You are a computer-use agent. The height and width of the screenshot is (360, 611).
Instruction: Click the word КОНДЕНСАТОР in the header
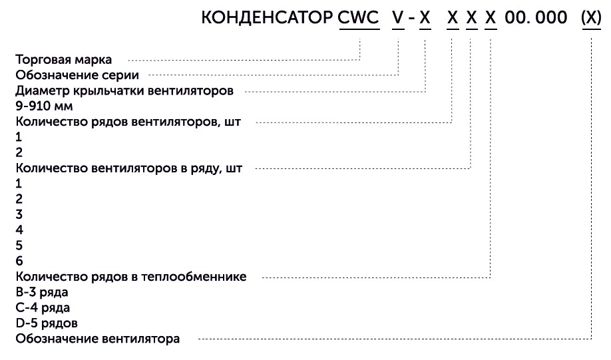point(267,18)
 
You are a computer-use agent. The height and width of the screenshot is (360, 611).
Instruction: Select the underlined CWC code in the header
point(359,18)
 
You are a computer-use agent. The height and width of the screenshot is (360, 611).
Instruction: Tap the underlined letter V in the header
point(397,18)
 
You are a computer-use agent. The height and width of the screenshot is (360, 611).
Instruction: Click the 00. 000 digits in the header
point(536,18)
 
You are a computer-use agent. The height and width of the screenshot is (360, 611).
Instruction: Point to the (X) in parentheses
point(591,18)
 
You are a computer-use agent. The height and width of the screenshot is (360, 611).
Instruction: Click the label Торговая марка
point(69,59)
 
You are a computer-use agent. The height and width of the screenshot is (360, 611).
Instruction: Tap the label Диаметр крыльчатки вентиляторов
point(124,90)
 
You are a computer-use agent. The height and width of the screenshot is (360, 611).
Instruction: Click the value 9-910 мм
point(44,106)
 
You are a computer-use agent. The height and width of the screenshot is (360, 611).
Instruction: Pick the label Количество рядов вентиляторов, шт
point(132,121)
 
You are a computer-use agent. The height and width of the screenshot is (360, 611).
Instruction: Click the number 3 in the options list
point(19,214)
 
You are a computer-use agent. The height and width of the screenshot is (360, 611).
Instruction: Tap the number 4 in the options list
point(19,230)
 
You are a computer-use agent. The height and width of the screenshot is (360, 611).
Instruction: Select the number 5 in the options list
point(19,245)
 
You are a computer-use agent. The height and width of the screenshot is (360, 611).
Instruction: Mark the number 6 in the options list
point(19,260)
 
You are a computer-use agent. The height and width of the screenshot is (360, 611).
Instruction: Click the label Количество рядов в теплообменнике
point(130,276)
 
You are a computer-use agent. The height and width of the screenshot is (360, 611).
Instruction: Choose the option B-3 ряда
point(42,292)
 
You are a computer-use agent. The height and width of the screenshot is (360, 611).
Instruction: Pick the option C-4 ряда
point(42,307)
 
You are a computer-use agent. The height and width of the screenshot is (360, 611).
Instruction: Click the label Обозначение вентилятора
point(97,339)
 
